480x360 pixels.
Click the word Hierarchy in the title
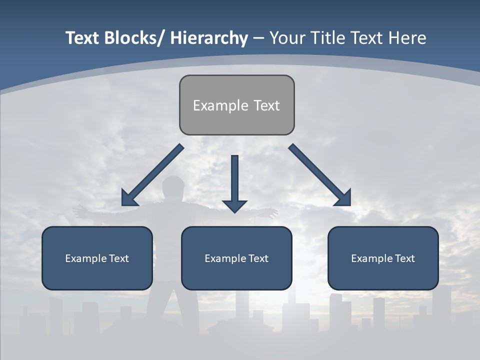pos(209,38)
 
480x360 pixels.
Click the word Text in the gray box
pos(266,105)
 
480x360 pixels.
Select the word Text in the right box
pos(405,258)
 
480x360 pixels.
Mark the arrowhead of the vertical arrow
pos(234,205)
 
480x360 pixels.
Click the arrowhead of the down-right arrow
pos(343,198)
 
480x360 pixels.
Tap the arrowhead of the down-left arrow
pos(129,198)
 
